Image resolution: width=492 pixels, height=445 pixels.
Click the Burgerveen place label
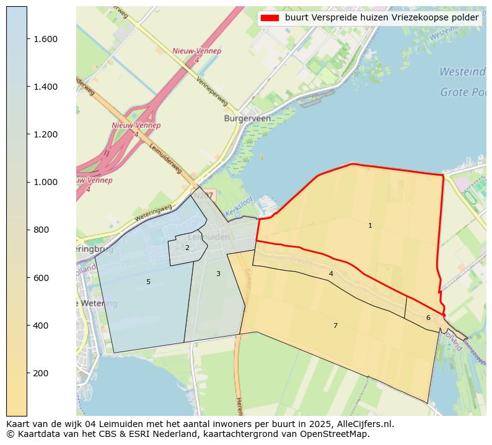coord(248,118)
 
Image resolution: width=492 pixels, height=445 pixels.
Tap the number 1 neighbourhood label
coord(370,226)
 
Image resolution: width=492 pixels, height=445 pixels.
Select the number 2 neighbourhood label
coord(187,248)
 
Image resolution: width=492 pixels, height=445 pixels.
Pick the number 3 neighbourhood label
coord(218,274)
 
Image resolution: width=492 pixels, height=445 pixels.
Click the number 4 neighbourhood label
coord(331,274)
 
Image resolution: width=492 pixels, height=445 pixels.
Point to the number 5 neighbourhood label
coord(148,282)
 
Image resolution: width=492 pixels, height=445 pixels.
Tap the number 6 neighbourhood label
coord(428,318)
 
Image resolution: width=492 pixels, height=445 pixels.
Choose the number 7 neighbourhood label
coord(335,326)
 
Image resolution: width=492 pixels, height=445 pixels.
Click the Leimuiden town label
coord(209,237)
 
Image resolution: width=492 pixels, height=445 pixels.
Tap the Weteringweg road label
coord(153,214)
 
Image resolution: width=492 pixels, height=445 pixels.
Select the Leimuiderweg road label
coord(165,159)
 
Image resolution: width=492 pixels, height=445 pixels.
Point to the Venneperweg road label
coord(212,91)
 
